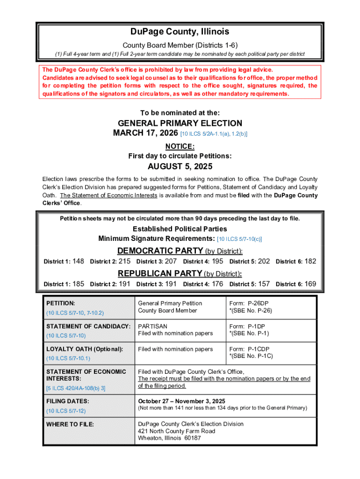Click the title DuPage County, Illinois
pyautogui.click(x=180, y=32)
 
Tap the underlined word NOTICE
pyautogui.click(x=180, y=146)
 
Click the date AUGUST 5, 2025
pyautogui.click(x=180, y=167)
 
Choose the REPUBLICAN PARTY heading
pyautogui.click(x=160, y=273)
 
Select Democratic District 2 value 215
pyautogui.click(x=124, y=261)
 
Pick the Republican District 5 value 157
pyautogui.click(x=264, y=284)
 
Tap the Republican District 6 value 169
pyautogui.click(x=310, y=284)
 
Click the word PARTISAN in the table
pyautogui.click(x=152, y=326)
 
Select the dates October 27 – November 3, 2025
pyautogui.click(x=181, y=401)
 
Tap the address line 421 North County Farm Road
pyautogui.click(x=176, y=431)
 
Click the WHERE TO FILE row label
pyautogui.click(x=70, y=424)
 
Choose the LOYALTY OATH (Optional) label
pyautogui.click(x=85, y=349)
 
